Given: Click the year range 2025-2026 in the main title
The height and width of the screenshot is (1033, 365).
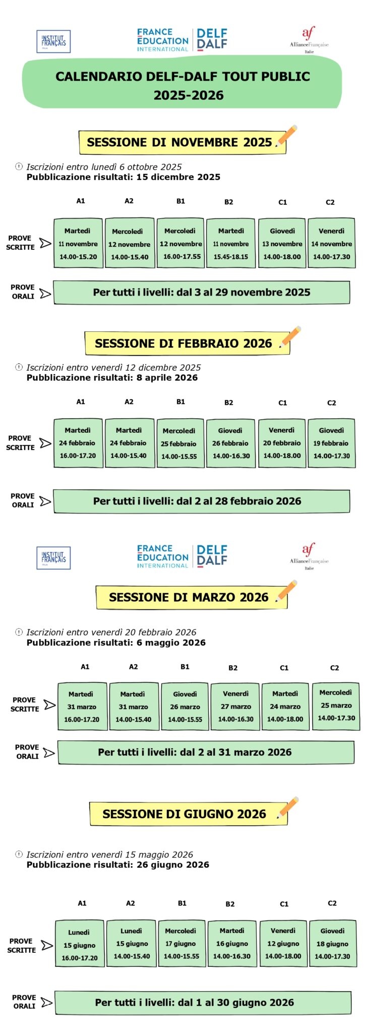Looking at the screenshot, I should (189, 95).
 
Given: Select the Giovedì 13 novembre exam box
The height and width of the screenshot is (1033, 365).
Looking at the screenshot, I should (282, 244).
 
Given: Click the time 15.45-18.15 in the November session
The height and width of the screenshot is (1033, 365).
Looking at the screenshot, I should (231, 257).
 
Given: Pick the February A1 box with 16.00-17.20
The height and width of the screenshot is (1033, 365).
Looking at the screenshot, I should (78, 443).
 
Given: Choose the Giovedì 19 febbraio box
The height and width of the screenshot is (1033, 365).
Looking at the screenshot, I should (331, 443).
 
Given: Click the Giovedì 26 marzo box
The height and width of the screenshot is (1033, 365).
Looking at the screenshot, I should (185, 707).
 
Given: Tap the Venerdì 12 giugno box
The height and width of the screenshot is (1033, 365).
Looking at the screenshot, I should (283, 943).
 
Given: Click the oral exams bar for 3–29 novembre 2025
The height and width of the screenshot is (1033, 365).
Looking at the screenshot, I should (202, 293).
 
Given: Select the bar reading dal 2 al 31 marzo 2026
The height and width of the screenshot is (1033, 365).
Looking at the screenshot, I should (206, 752).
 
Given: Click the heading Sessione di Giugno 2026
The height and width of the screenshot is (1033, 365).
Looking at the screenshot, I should (184, 814).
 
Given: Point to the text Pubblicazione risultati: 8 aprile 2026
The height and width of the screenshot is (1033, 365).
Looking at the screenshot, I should (112, 378).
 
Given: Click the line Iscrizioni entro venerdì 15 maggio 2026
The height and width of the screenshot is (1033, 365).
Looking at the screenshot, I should (109, 854).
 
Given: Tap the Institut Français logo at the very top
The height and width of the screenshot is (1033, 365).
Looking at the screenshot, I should (53, 41).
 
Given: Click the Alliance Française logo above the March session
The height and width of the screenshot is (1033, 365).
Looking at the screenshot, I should (309, 556).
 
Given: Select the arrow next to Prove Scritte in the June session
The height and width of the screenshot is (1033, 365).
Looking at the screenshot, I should (47, 945).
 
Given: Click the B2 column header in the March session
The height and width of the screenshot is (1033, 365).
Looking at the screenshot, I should (233, 668).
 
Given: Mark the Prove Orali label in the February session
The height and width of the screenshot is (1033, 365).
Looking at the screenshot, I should (23, 500).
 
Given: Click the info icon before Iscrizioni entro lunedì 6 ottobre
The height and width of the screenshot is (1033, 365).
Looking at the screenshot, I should (19, 166).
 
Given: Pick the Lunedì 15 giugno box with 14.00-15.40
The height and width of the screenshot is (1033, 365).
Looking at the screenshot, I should (132, 943).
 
